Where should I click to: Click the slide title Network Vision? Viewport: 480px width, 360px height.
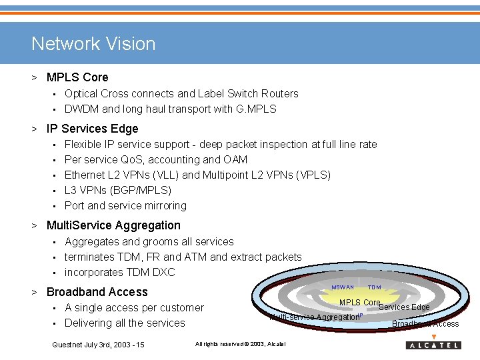pos(93,44)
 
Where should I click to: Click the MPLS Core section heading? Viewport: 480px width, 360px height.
pos(77,77)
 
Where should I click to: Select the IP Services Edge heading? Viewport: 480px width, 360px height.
pos(93,129)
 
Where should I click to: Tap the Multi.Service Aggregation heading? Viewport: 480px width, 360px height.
pos(113,225)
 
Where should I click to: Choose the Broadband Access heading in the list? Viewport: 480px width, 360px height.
pos(97,292)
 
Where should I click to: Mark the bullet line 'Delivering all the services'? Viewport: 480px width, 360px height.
pos(125,323)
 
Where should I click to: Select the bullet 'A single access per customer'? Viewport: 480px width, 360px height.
pos(134,307)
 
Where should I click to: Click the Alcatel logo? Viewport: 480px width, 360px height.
pos(433,345)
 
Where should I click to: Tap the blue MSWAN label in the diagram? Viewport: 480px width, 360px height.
pos(343,287)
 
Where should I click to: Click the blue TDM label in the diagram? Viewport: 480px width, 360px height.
pos(375,287)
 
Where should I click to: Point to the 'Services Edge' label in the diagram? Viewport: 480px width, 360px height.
pos(404,307)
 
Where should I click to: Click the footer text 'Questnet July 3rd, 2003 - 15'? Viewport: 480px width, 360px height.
pos(98,344)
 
